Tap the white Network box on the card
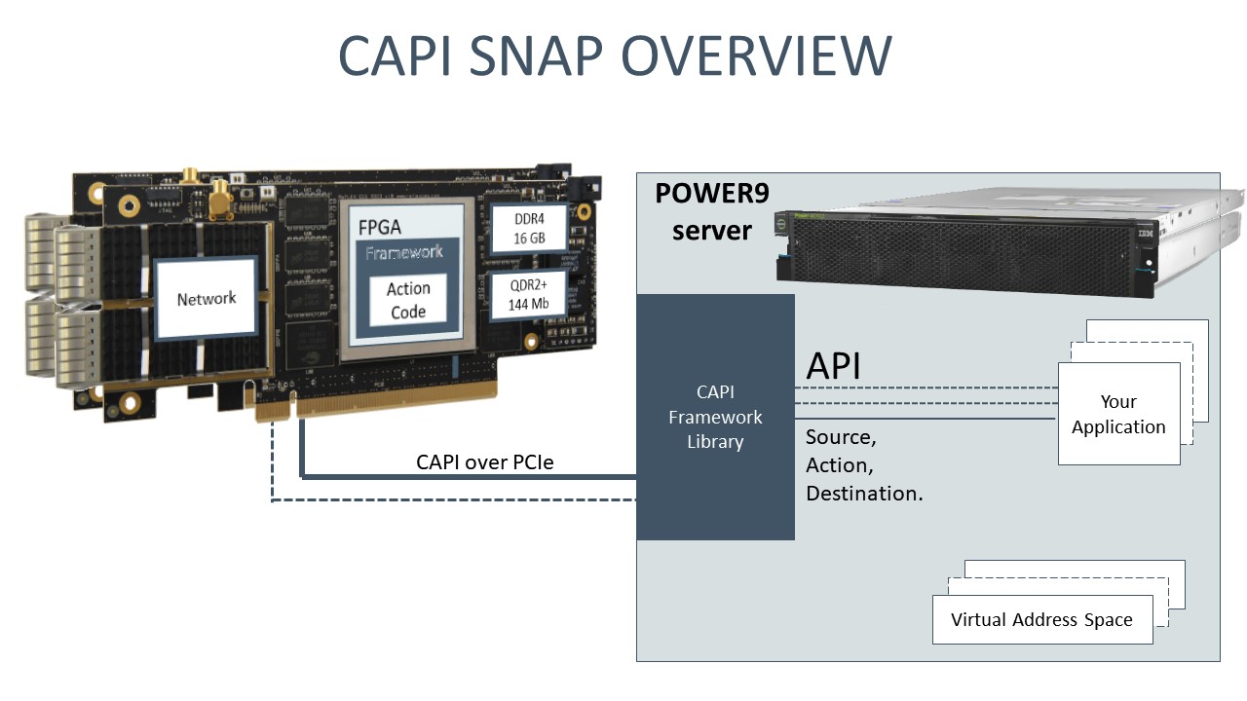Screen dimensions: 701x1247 click(207, 298)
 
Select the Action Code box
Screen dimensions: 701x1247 click(407, 300)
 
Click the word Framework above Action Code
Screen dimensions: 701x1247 click(403, 253)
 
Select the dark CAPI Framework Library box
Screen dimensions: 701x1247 click(715, 417)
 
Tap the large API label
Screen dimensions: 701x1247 click(833, 366)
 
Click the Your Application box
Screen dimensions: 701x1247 click(1118, 414)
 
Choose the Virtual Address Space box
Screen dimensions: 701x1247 click(1041, 620)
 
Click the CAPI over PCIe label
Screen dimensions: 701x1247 click(484, 461)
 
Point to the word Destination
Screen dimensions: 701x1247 click(864, 494)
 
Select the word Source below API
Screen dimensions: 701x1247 click(839, 437)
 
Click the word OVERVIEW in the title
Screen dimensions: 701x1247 click(756, 55)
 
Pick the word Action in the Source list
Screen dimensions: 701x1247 click(838, 465)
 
